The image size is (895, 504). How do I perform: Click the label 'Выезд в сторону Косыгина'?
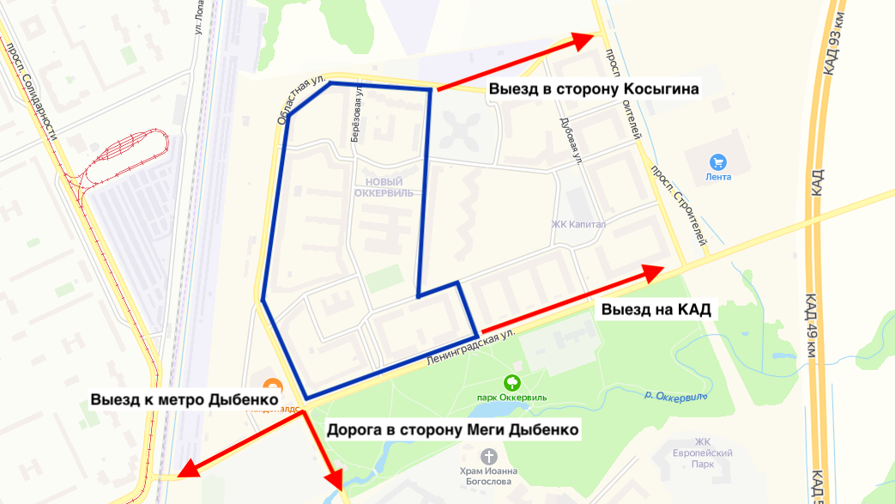595,88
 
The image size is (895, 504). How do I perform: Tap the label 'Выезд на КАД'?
656,310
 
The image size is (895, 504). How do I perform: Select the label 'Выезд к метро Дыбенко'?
185,400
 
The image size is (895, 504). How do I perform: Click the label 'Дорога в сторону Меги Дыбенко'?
452,428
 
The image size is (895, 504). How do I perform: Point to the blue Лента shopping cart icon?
718,161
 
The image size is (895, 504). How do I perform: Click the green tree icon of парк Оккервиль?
511,382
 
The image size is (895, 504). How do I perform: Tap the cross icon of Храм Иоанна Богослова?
489,455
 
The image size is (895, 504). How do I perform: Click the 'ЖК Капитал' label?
578,225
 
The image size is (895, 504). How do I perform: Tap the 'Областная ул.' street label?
301,102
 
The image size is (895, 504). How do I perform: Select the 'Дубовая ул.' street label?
570,137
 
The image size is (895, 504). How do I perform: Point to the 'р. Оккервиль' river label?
675,396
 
